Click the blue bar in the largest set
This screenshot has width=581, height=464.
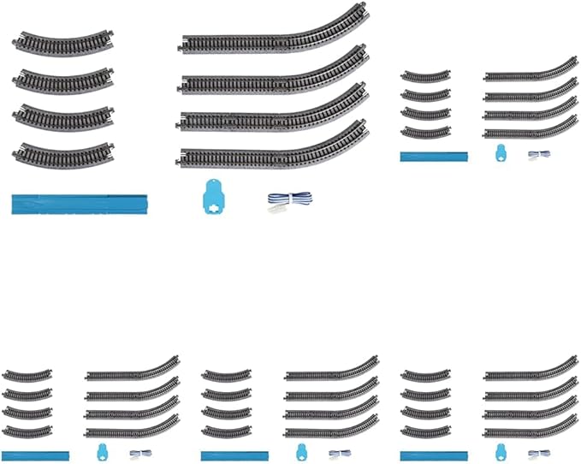pyautogui.click(x=80, y=204)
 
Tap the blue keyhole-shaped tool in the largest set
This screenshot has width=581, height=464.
pyautogui.click(x=210, y=199)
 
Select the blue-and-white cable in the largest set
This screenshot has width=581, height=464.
pyautogui.click(x=287, y=202)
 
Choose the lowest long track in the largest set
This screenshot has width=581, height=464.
pyautogui.click(x=274, y=151)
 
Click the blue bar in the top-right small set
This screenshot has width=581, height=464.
pyautogui.click(x=434, y=156)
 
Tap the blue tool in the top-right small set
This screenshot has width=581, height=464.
pyautogui.click(x=501, y=153)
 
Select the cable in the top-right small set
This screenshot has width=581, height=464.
pyautogui.click(x=538, y=155)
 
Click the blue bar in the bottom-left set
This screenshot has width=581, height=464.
pyautogui.click(x=35, y=455)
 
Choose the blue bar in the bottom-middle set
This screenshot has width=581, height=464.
pyautogui.click(x=234, y=455)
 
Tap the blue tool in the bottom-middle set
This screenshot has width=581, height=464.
pyautogui.click(x=301, y=452)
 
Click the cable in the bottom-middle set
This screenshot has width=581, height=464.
pyautogui.click(x=339, y=454)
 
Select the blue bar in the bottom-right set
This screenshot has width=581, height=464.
pyautogui.click(x=434, y=455)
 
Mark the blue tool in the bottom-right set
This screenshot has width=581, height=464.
pyautogui.click(x=501, y=452)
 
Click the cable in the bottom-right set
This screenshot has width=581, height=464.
pyautogui.click(x=538, y=454)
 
